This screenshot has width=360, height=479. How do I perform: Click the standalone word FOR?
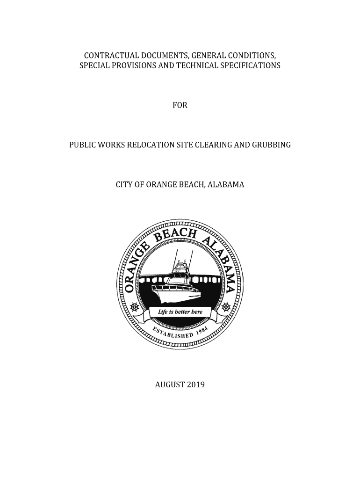tap(180, 105)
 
